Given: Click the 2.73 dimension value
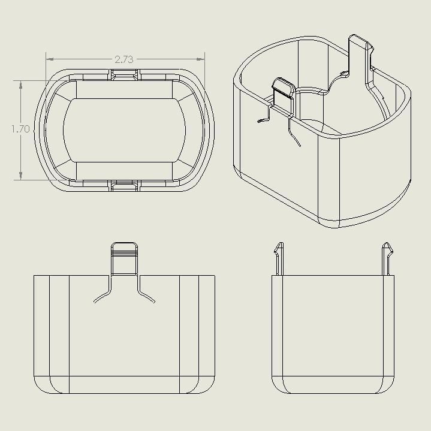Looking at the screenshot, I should [x=123, y=59].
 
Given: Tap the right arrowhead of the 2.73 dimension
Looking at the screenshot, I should [x=202, y=59].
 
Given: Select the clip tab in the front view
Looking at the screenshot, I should [x=125, y=258].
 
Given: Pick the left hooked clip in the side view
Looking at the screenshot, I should [x=278, y=258].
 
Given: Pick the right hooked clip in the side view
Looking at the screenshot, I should [x=388, y=258].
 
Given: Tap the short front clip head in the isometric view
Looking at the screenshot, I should [x=283, y=86].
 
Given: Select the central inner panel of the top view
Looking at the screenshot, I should [x=125, y=129].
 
